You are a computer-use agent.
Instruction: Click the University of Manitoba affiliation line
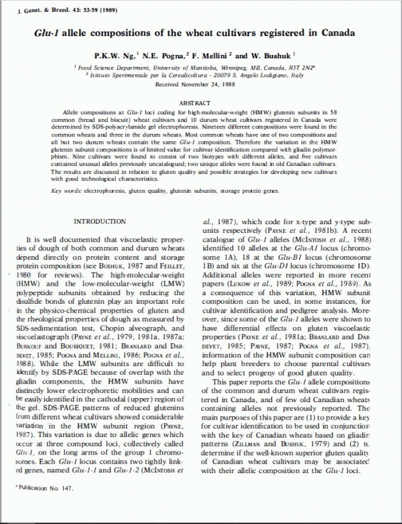201,68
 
